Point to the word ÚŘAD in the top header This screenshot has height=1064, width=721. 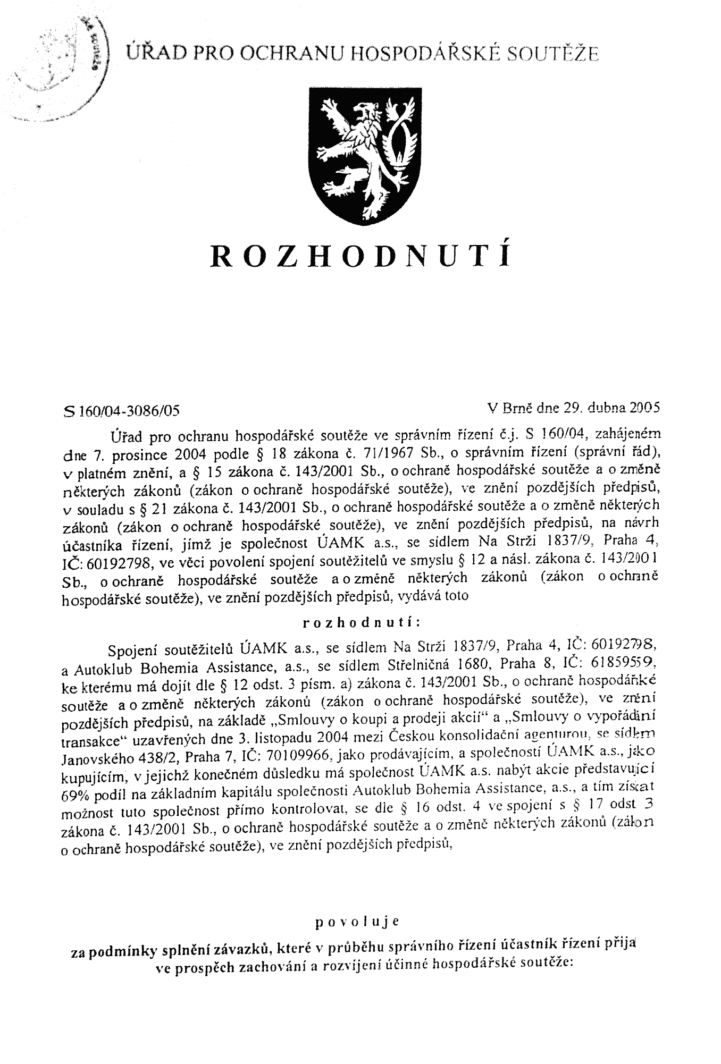(x=150, y=53)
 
